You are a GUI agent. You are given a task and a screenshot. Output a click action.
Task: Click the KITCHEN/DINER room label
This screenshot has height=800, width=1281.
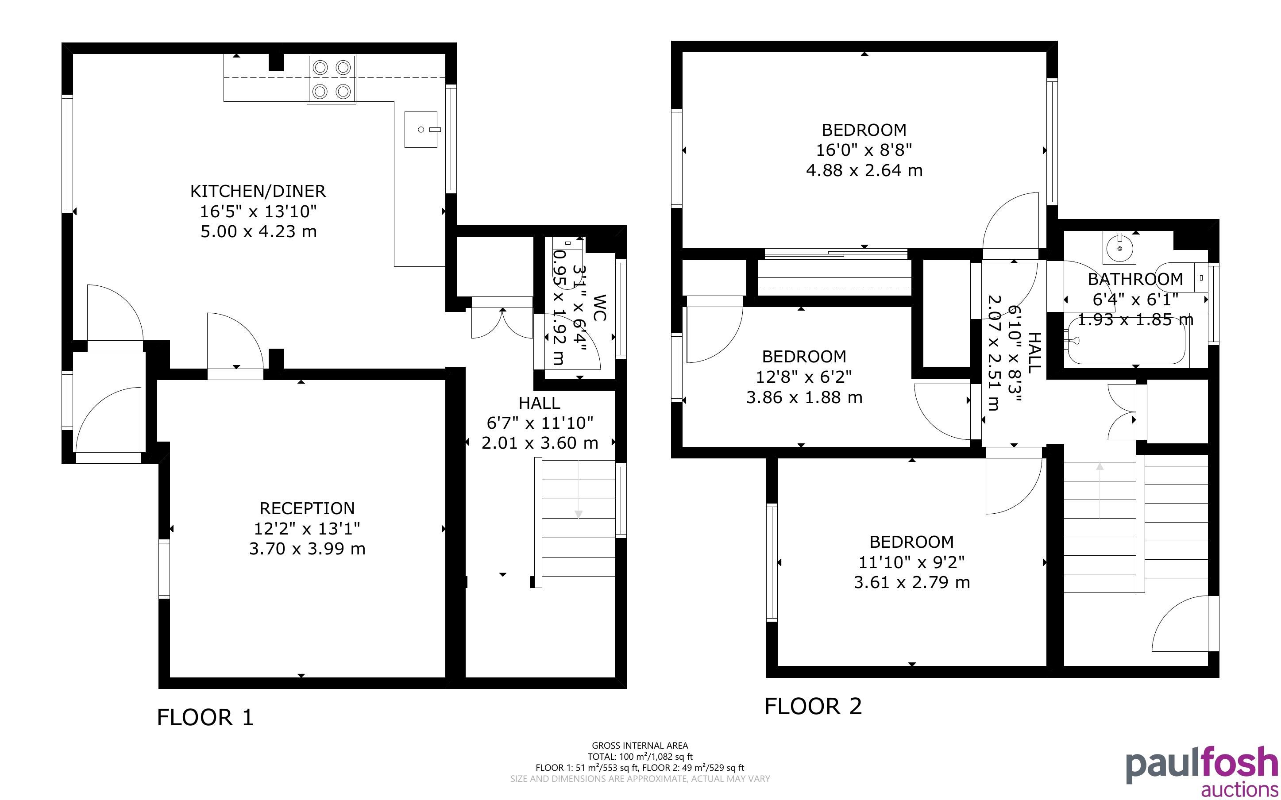(x=258, y=191)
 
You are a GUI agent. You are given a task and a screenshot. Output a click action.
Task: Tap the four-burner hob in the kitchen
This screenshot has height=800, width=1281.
(x=332, y=79)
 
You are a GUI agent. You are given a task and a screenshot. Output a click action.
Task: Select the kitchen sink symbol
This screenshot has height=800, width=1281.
(x=422, y=129)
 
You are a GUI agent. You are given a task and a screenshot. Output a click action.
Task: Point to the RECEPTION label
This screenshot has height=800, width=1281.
(x=307, y=508)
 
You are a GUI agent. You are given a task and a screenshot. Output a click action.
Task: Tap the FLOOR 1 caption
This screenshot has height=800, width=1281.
(x=205, y=717)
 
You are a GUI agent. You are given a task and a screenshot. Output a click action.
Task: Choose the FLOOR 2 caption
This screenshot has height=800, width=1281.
(x=813, y=706)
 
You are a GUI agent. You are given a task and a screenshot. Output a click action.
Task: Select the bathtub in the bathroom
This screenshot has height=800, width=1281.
(x=1126, y=338)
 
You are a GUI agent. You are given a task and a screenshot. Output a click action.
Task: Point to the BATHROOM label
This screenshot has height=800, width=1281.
(x=1135, y=279)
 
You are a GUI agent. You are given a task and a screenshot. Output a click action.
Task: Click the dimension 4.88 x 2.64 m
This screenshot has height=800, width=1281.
(x=864, y=170)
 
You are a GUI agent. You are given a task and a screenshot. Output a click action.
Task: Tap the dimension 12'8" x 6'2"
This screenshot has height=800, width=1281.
(x=804, y=377)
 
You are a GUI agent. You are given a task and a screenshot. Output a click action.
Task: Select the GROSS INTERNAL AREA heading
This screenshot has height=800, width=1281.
(x=640, y=746)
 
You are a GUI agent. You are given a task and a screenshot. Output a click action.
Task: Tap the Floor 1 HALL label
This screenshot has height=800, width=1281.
(x=539, y=403)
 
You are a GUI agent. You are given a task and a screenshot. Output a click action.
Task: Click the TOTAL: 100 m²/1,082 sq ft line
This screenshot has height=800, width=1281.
(x=640, y=757)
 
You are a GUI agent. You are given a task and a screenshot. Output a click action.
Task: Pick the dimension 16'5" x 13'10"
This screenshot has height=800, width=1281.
(x=258, y=212)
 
